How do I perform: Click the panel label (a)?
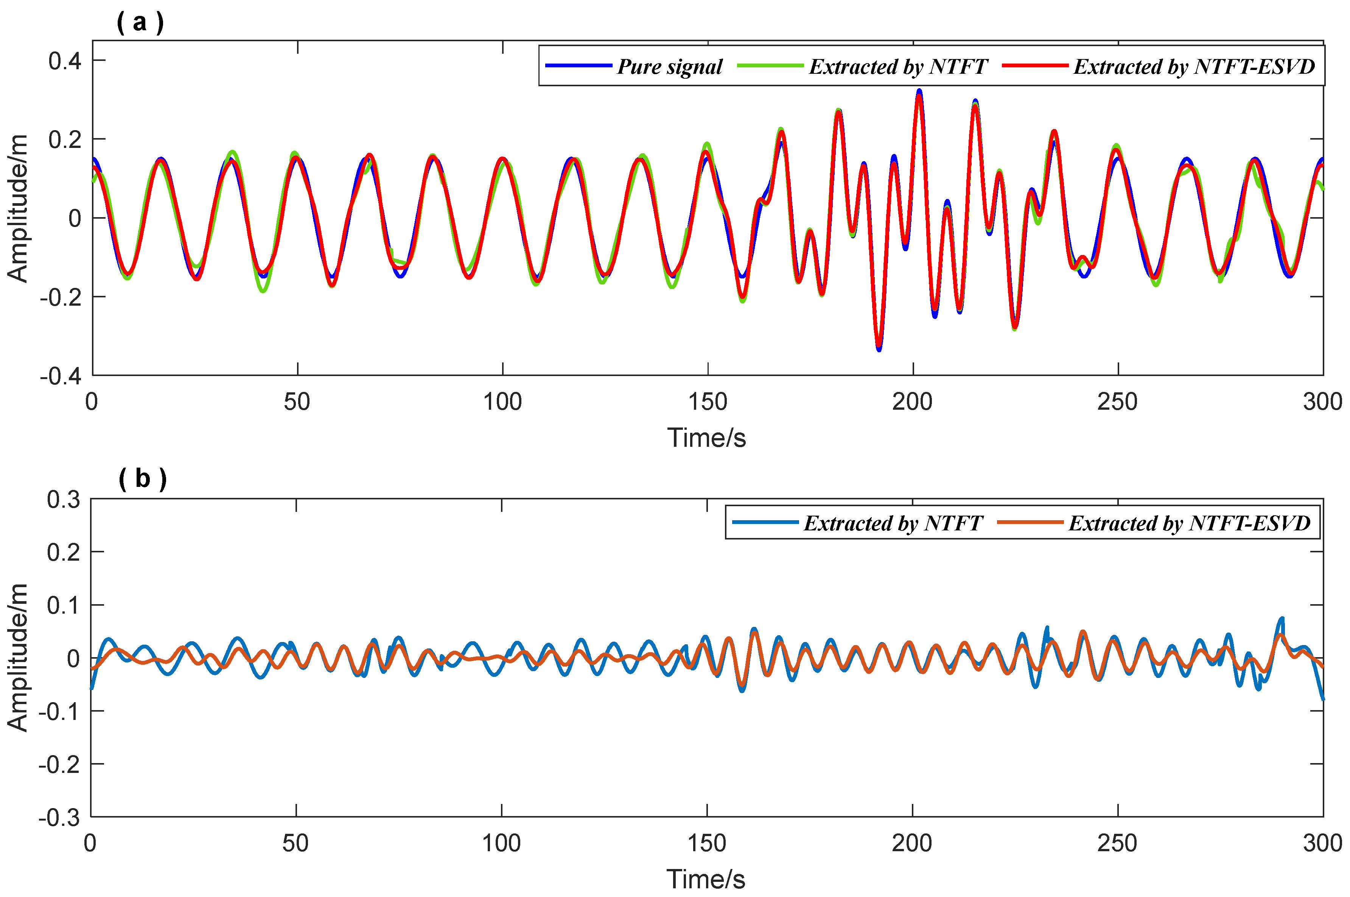click(x=140, y=22)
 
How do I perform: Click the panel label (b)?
click(x=142, y=478)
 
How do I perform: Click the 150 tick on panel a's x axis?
click(x=708, y=402)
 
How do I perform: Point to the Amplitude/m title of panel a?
click(x=18, y=209)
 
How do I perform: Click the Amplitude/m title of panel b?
click(x=18, y=658)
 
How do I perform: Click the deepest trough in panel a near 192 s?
click(x=879, y=349)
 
